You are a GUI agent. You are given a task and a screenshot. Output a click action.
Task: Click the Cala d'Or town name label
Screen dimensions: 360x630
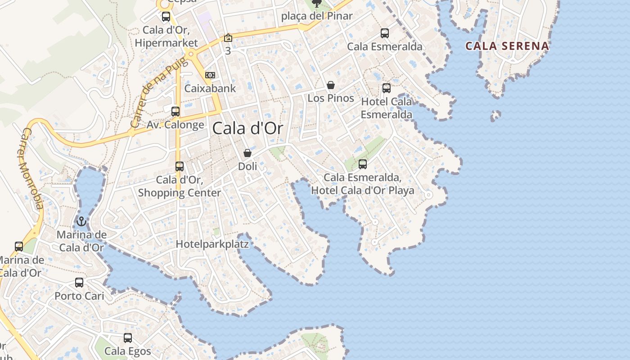[x=247, y=129]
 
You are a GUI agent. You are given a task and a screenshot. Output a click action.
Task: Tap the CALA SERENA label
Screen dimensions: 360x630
[x=507, y=46]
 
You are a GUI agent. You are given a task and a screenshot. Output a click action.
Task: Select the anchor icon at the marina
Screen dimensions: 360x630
[x=81, y=221]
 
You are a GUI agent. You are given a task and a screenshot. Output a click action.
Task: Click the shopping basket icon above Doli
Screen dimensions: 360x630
[x=247, y=153]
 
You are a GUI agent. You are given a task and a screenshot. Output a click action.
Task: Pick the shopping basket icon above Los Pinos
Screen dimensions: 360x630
[x=331, y=85]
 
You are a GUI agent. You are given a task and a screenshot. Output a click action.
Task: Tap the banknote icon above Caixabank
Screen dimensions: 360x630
[x=210, y=75]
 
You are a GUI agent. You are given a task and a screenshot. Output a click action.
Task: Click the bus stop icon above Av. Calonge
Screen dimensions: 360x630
[x=175, y=111]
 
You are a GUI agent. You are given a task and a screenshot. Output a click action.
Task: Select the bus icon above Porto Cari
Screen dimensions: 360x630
[x=79, y=283]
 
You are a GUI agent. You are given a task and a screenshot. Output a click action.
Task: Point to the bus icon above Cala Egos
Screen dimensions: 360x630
[x=128, y=337]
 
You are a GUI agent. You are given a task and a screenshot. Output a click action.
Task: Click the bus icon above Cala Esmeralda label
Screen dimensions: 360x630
[x=385, y=33]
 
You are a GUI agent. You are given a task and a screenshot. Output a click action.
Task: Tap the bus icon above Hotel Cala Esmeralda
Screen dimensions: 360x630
[x=387, y=88]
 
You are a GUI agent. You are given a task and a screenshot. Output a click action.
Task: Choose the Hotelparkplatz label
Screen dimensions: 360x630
[x=212, y=244]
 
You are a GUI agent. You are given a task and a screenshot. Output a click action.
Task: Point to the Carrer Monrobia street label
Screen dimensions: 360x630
[x=32, y=169]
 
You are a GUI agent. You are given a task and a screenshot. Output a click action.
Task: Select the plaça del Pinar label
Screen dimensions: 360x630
[x=317, y=16]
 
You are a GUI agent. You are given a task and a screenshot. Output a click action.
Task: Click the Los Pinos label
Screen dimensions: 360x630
[x=331, y=98]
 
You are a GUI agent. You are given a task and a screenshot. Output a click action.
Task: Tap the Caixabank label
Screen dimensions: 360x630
[x=210, y=88]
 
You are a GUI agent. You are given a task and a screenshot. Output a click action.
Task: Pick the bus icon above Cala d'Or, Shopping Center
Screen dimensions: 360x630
[x=180, y=166]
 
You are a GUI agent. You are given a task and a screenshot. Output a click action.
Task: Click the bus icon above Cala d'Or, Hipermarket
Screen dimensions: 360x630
[x=166, y=17]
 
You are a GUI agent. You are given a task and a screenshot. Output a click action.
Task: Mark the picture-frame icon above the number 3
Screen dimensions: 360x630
[x=228, y=38]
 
